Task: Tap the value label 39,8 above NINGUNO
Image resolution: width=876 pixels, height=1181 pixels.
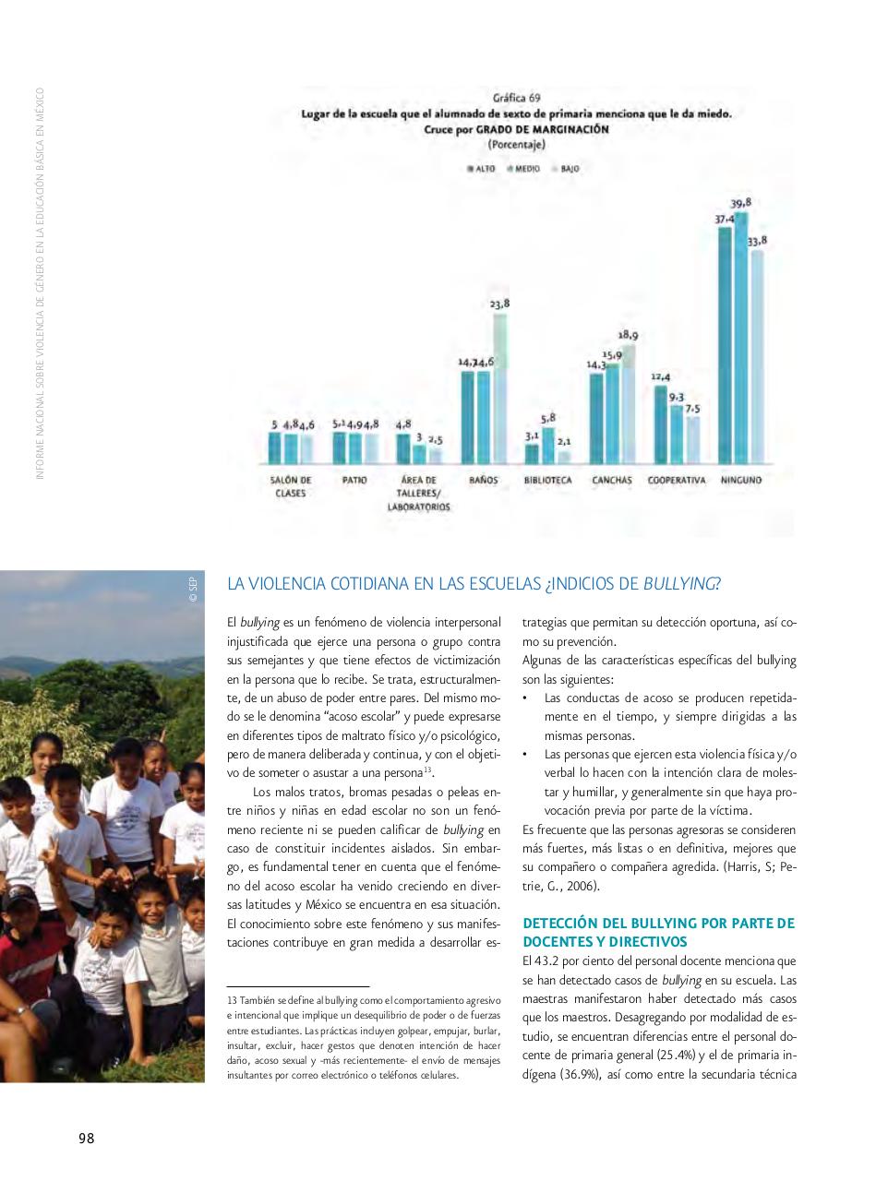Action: pos(740,203)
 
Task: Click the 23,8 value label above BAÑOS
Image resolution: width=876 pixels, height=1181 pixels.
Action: pos(499,304)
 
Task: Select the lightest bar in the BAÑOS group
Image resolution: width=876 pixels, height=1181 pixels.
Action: pos(499,388)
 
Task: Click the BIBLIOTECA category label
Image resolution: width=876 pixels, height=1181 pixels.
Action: pos(547,481)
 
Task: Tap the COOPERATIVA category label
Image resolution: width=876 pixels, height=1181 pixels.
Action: pos(676,481)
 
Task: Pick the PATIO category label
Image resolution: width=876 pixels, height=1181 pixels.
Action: pos(354,481)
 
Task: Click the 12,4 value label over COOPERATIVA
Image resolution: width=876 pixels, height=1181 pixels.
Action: pos(660,376)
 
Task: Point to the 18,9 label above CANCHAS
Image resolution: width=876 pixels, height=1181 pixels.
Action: pos(628,336)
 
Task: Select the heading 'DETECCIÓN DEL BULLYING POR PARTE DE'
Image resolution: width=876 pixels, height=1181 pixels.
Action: pos(658,923)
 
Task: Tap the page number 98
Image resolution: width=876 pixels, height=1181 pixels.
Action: pos(86,1138)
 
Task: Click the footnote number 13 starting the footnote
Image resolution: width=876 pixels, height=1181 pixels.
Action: pos(232,1000)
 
